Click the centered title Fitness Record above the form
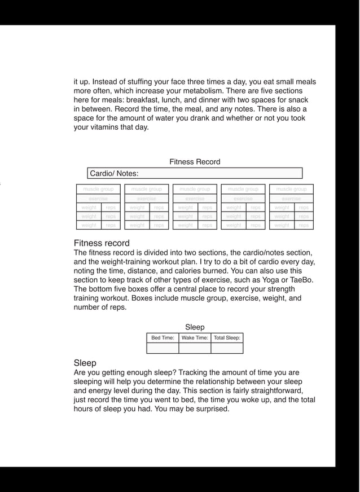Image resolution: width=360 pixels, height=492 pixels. [x=195, y=162]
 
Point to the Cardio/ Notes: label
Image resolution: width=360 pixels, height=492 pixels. [x=114, y=174]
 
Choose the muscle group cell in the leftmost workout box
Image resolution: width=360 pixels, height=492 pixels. [x=98, y=190]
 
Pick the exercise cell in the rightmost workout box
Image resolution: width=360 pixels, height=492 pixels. [x=291, y=199]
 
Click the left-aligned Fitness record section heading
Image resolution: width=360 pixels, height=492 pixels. [x=102, y=243]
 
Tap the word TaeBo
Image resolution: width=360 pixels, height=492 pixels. [x=300, y=280]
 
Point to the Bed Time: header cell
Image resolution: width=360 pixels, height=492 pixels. [x=163, y=338]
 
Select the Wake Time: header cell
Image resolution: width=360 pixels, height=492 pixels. [x=195, y=338]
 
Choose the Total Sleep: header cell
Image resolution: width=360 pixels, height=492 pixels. [x=227, y=338]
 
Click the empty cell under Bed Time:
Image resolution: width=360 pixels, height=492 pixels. [x=163, y=348]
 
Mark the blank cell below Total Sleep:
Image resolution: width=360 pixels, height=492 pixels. [x=227, y=348]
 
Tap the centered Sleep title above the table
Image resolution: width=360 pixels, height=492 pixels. [x=195, y=327]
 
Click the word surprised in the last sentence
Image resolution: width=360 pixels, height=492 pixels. [x=209, y=409]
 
